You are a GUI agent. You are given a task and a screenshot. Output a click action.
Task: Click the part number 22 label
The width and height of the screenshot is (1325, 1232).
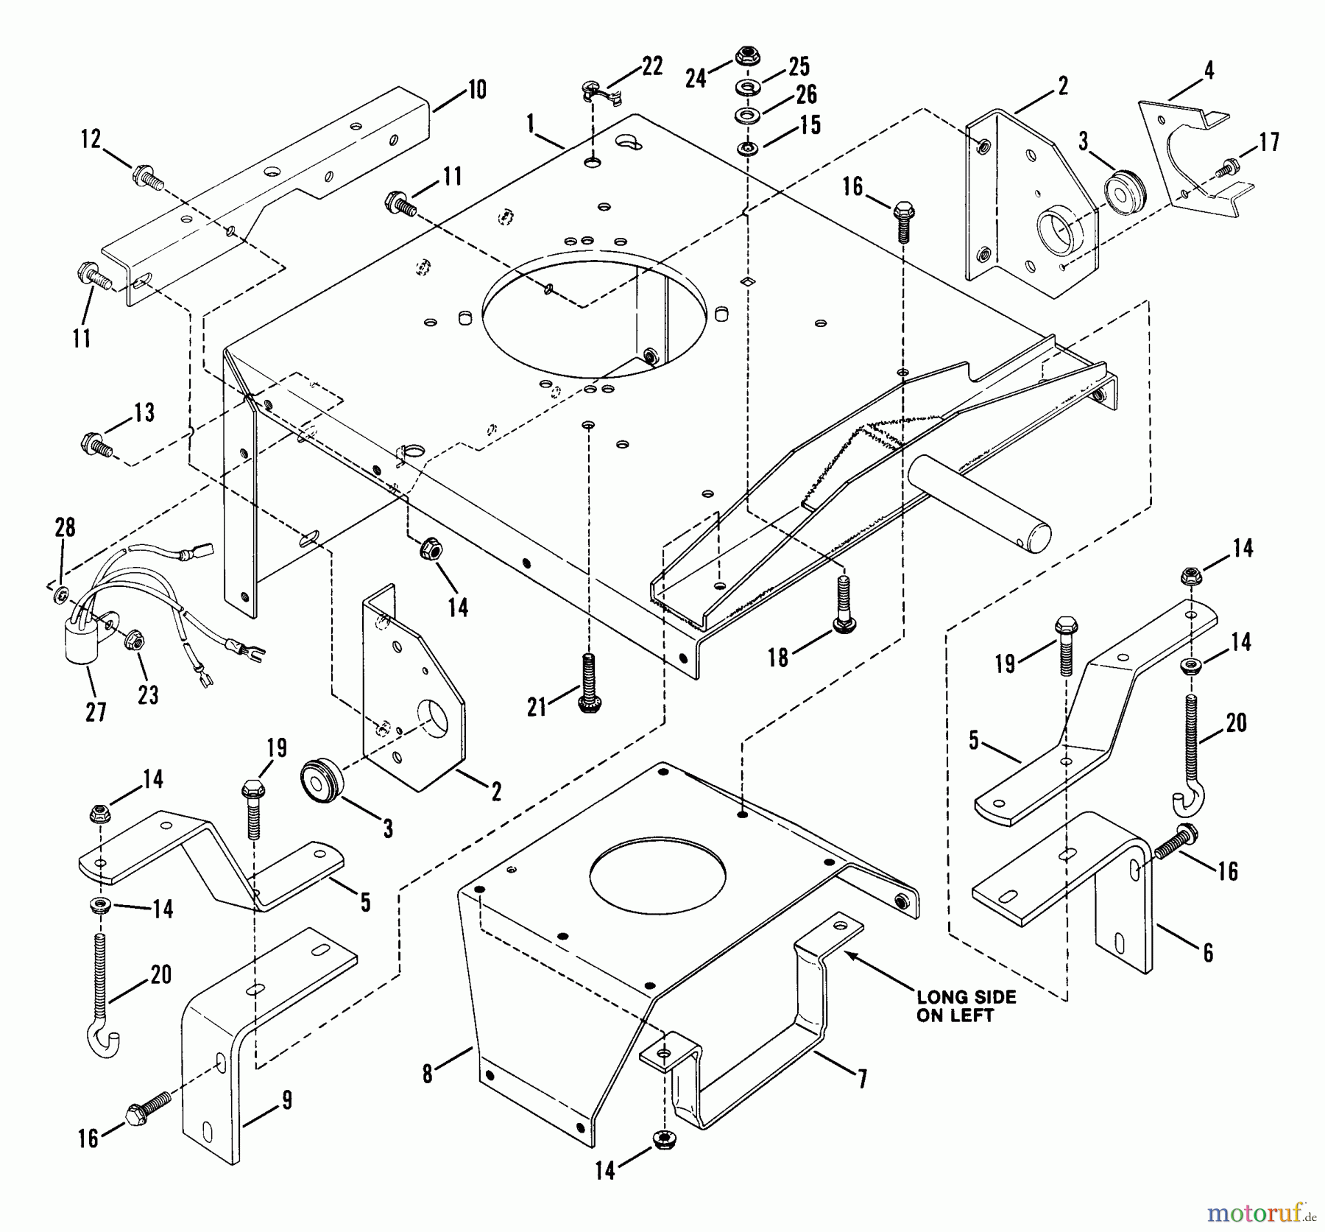tap(651, 66)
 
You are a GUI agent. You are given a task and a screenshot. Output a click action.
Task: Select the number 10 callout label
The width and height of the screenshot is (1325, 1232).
tap(476, 91)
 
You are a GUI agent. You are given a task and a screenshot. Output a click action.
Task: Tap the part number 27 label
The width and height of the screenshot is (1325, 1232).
tap(96, 712)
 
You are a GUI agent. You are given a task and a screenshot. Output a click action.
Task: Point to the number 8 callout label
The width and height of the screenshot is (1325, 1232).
tap(428, 1074)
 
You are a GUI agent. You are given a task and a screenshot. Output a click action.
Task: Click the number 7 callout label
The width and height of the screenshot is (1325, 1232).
tap(862, 1080)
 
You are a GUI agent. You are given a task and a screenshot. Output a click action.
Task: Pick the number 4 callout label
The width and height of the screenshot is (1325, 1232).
tap(1209, 71)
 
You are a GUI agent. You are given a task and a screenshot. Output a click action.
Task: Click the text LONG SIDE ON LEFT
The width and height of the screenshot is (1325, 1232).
tap(966, 1006)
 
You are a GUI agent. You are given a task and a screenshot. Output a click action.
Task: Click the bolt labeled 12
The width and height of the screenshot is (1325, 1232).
tap(147, 178)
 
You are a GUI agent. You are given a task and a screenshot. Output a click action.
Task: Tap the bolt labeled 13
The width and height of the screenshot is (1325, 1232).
tap(96, 445)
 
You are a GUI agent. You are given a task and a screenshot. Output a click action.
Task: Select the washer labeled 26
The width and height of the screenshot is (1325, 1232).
tap(747, 116)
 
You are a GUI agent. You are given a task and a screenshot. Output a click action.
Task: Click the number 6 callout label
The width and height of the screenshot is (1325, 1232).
tap(1207, 953)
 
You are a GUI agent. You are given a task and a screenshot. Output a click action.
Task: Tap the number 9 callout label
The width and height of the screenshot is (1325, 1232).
tap(287, 1100)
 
